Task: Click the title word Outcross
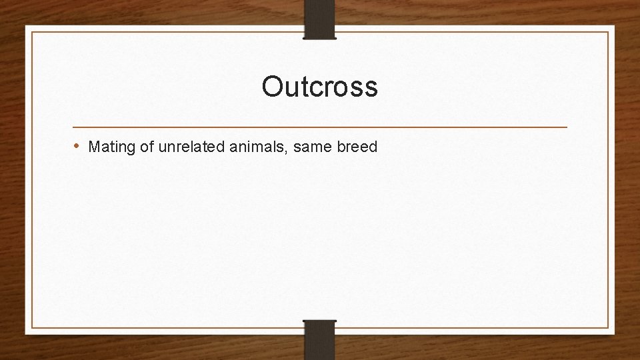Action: [319, 87]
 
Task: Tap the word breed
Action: [357, 146]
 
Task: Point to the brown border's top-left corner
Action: [32, 32]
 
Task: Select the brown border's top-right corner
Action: [608, 32]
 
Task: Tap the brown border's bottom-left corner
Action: [32, 327]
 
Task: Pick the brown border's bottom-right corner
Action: [608, 327]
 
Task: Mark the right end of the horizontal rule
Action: [567, 127]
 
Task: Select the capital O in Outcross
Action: [272, 87]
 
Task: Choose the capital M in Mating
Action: [93, 146]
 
